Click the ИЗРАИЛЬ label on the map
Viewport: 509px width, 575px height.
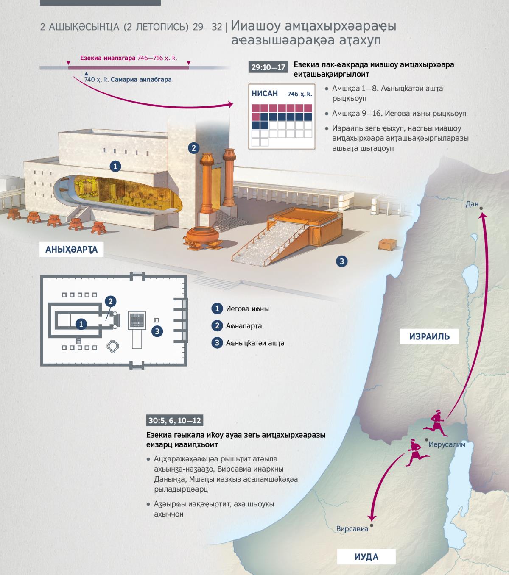(x=429, y=336)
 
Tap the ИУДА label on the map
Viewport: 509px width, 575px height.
(x=366, y=556)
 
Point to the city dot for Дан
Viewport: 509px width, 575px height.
(x=481, y=208)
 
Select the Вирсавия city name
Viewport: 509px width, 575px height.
(x=352, y=529)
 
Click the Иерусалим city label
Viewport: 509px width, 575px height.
(x=447, y=444)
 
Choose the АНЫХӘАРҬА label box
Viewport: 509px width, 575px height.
(x=71, y=250)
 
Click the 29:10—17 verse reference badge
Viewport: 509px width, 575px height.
(x=268, y=67)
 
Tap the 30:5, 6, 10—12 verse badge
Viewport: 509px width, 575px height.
(x=175, y=420)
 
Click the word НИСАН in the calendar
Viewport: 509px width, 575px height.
(x=265, y=93)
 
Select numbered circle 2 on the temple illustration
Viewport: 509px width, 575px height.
(x=193, y=148)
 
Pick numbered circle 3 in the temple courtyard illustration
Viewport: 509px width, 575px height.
(x=342, y=261)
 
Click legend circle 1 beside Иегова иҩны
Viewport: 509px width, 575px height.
(x=217, y=308)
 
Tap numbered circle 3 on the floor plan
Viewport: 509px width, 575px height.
(x=157, y=331)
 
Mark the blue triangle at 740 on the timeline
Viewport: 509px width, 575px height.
(x=87, y=73)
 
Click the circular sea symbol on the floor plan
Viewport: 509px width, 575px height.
(x=113, y=346)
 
